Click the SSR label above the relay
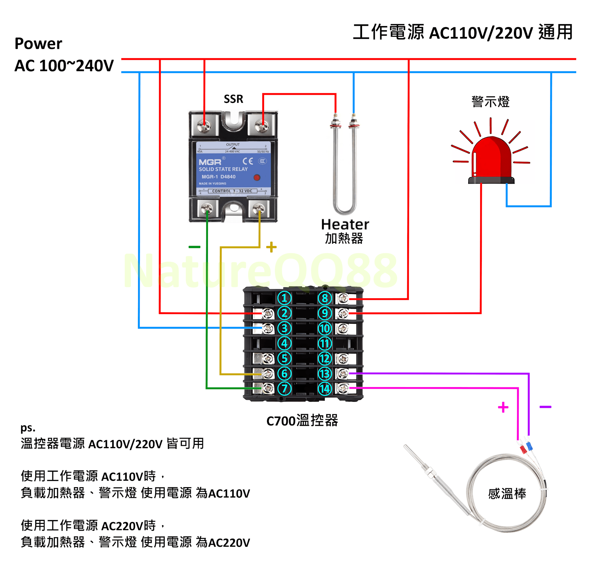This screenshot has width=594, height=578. tap(233, 99)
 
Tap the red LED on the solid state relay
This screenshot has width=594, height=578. tap(257, 177)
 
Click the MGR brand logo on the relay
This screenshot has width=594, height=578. tap(210, 162)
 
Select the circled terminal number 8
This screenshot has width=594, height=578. tap(325, 298)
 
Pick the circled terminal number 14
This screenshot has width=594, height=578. tap(325, 389)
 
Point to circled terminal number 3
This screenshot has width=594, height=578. tap(284, 328)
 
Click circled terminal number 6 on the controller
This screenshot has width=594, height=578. tap(284, 374)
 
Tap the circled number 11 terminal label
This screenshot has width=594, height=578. tap(325, 343)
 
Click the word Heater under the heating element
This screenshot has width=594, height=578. tap(345, 225)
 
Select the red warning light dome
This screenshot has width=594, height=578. tap(492, 159)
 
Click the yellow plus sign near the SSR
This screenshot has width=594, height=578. tap(271, 247)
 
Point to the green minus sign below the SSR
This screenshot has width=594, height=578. tap(194, 247)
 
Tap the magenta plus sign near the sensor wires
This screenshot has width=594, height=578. tap(503, 407)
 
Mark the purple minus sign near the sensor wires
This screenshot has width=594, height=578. tap(545, 407)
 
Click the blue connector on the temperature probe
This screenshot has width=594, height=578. tap(530, 447)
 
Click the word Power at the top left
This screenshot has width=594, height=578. tap(38, 44)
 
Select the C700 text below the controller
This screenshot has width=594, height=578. tap(281, 421)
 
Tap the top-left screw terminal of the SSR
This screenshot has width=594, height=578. tap(204, 126)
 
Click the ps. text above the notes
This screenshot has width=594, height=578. tap(28, 428)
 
